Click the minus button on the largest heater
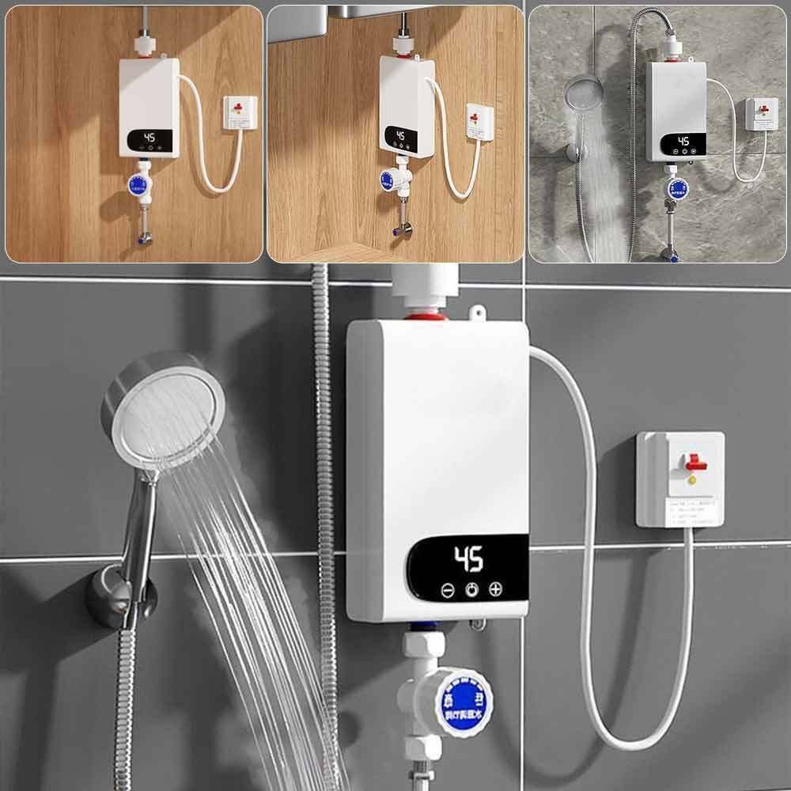(448, 590)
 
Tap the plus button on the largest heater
(496, 589)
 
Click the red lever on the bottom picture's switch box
(696, 461)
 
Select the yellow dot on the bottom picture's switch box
(692, 479)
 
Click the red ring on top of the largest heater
(427, 317)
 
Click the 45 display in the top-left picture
(149, 137)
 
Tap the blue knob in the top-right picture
(677, 188)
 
